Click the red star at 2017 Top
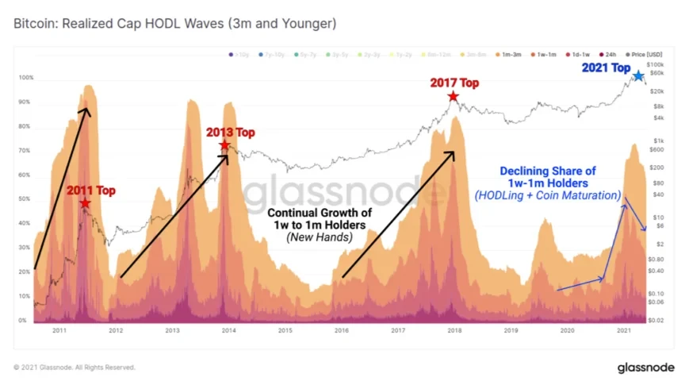pos(453,96)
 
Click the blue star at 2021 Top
pos(638,76)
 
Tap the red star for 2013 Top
pos(224,145)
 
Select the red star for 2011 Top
pos(85,203)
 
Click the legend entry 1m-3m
pos(507,54)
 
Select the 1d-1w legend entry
pos(577,54)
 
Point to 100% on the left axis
pos(26,78)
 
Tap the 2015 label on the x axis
pos(285,329)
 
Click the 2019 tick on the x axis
pos(511,329)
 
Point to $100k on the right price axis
pos(656,64)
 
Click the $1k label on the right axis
pos(658,141)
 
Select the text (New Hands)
pos(320,237)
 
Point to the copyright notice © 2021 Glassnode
pos(75,368)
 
